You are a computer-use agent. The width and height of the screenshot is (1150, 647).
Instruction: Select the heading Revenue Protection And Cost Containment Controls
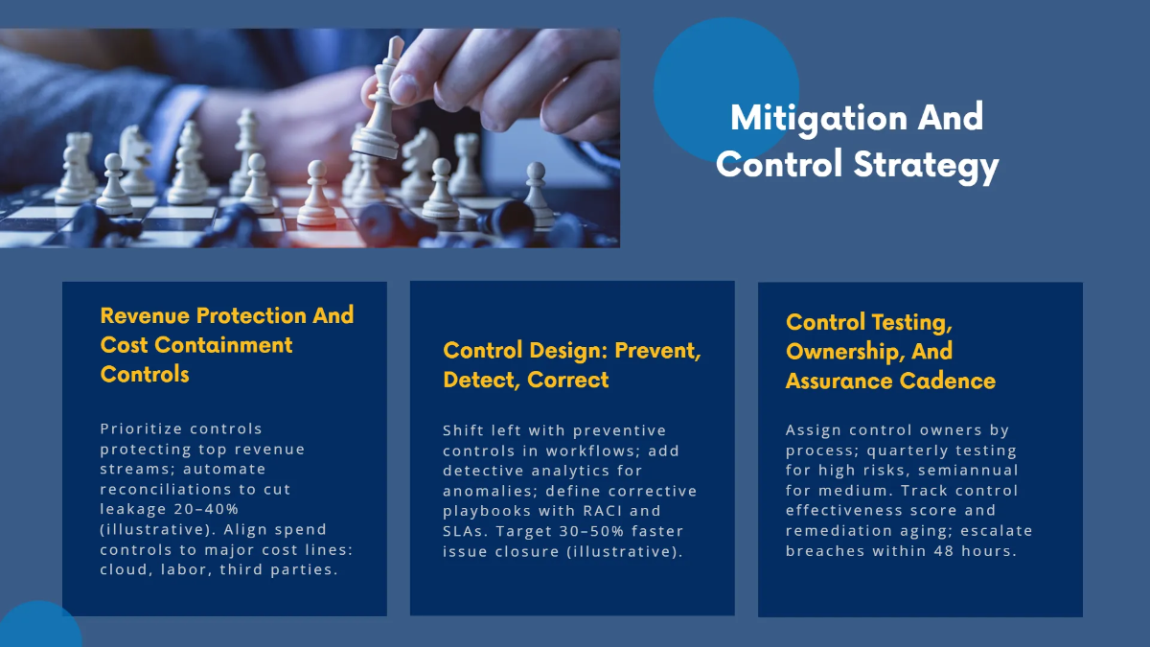pos(227,344)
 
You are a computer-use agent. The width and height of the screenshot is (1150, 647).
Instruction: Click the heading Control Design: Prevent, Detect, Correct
pos(572,364)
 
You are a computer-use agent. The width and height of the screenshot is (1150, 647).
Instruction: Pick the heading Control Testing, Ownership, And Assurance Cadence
pos(890,351)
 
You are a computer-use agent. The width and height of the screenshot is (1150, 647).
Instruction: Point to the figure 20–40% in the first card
pos(205,509)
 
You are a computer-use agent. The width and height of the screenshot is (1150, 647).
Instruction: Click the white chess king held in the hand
pos(379,105)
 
